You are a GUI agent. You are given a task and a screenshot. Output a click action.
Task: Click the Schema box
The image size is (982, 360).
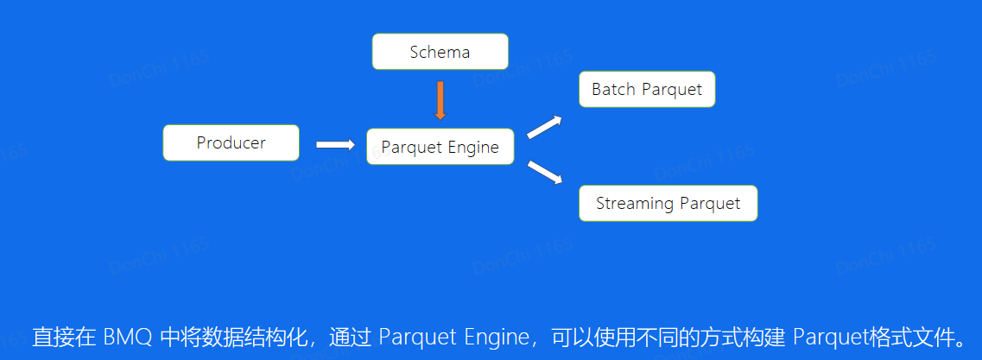[440, 52]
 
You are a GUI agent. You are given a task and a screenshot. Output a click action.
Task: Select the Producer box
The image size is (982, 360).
[231, 143]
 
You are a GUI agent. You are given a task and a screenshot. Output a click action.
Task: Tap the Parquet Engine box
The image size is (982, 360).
[440, 147]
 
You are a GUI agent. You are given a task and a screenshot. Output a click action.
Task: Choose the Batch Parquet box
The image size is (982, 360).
[647, 89]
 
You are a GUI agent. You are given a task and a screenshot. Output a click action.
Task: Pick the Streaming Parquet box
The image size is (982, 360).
[668, 204]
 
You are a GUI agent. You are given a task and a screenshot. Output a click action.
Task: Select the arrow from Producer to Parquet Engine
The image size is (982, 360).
[335, 145]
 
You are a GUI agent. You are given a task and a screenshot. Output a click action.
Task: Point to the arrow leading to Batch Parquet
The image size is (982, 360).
[544, 127]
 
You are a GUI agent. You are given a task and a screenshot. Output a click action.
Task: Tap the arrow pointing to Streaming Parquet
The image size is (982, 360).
[544, 172]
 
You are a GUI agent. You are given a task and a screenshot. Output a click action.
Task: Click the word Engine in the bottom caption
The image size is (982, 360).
[488, 337]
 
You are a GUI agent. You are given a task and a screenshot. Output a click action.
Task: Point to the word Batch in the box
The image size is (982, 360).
[611, 89]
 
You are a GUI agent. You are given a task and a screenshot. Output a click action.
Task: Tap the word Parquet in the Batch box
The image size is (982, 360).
[669, 89]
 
